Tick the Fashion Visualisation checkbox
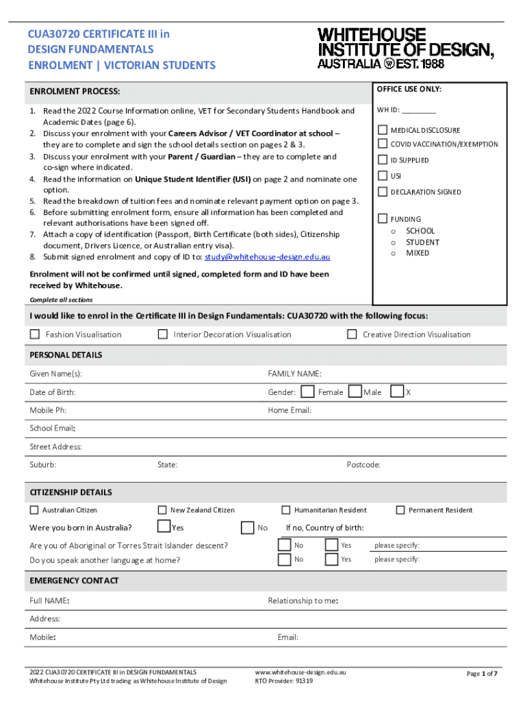35,334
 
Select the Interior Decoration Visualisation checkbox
163,334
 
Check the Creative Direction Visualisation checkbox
352,334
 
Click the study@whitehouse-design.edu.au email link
268,257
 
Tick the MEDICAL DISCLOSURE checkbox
383,130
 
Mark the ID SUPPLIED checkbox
383,160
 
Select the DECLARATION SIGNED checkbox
383,192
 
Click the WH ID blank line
418,111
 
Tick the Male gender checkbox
355,392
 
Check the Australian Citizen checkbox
34,509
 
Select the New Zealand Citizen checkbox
162,509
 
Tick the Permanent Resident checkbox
400,509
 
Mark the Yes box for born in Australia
164,526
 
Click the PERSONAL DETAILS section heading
66,355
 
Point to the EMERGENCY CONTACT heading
74,581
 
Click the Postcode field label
363,465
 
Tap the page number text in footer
482,674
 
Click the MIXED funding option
417,253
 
